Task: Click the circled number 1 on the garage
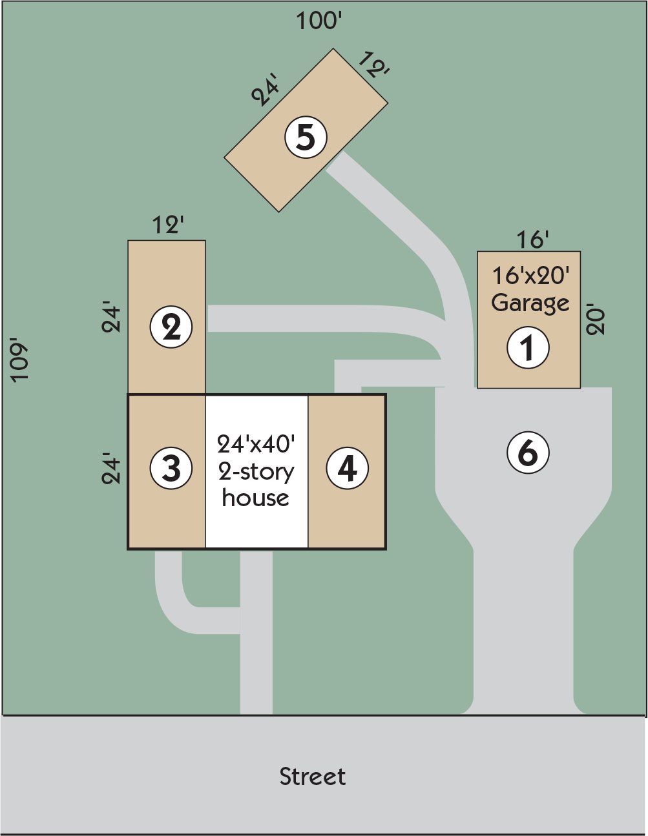coord(528,347)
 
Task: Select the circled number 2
coord(171,327)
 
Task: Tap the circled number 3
coord(171,469)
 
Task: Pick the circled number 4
coord(348,469)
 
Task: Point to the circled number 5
coord(306,138)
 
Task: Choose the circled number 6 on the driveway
coord(528,452)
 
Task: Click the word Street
coord(312,777)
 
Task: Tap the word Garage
coord(530,304)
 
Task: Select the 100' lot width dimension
coord(319,21)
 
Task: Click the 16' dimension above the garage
coord(532,240)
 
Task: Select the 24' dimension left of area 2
coord(111,320)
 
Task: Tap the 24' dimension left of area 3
coord(111,470)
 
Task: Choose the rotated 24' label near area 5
coord(265,92)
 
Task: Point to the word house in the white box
coord(256,498)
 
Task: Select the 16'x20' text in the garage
coord(530,276)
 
